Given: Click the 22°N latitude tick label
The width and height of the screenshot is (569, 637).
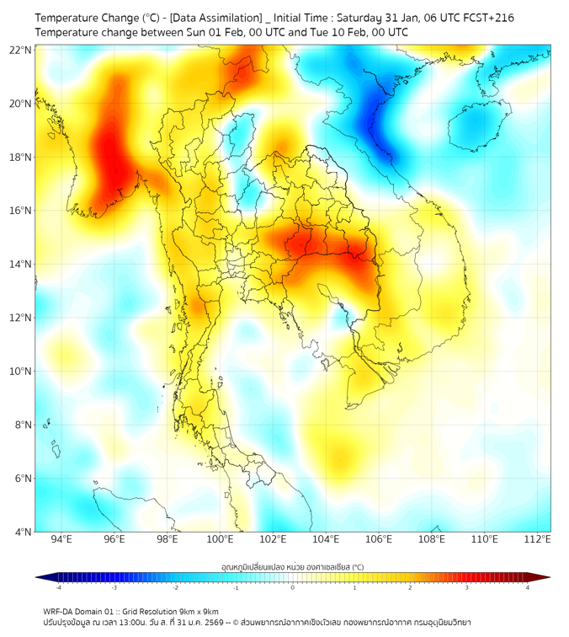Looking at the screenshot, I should pos(21,50).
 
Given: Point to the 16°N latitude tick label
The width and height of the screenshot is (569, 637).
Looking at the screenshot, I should pos(21,211).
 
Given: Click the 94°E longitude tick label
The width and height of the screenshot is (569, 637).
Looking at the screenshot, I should pos(61,539).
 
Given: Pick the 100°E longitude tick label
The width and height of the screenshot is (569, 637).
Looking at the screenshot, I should pos(221,539).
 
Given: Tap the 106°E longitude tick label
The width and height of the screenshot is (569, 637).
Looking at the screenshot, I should pos(380,539).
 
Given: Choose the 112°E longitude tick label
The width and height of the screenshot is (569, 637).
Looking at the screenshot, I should pos(538,539).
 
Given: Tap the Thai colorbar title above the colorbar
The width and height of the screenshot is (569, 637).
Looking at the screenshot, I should pos(292,566).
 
